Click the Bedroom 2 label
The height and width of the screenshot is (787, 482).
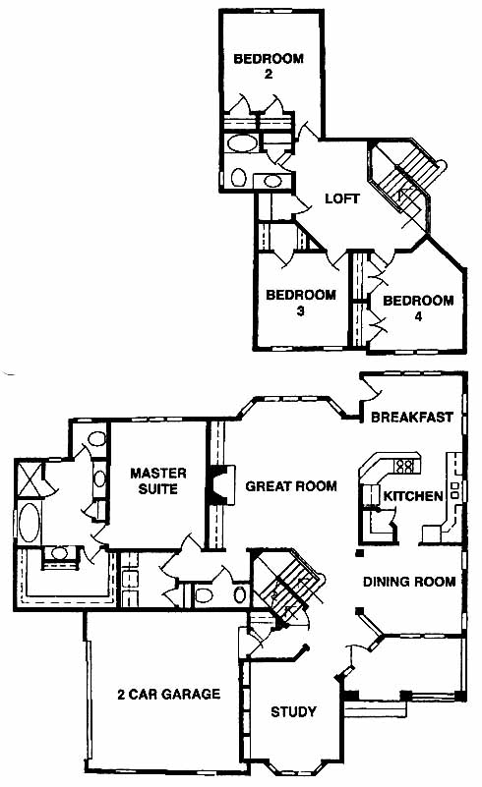[269, 66]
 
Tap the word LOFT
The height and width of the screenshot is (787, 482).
[341, 198]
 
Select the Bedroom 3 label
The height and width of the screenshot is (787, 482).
[301, 303]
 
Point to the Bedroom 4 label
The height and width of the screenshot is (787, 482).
[418, 309]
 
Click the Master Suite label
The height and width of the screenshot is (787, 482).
[157, 480]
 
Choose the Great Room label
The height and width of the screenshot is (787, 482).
[291, 485]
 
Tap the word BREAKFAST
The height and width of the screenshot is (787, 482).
[412, 418]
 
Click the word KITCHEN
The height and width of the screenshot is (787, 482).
[413, 496]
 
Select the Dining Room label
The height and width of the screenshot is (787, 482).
[409, 582]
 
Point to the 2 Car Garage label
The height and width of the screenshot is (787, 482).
[169, 694]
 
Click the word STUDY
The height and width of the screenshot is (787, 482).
[293, 711]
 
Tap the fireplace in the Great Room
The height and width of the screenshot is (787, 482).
[221, 484]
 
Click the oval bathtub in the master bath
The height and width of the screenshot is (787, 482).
[30, 522]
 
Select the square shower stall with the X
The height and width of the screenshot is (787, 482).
[30, 478]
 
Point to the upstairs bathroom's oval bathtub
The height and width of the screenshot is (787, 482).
[242, 143]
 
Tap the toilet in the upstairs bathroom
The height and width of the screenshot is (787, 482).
[238, 177]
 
